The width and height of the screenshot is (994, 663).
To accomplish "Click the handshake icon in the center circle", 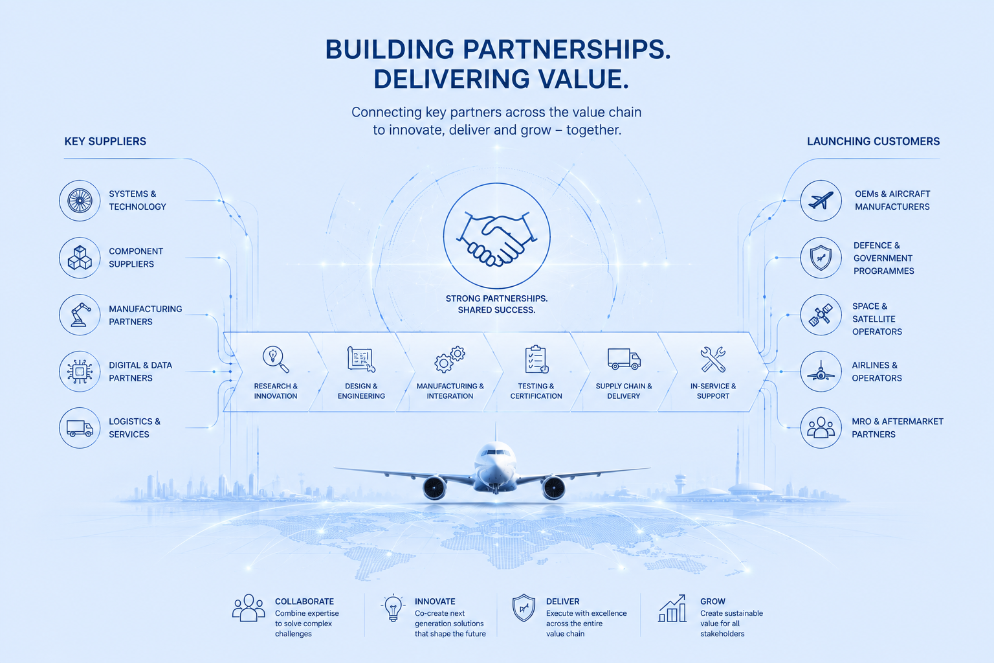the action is coord(496,239).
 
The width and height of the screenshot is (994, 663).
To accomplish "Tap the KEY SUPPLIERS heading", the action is coord(105,142).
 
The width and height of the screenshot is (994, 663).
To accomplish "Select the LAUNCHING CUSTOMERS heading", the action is coord(873,142).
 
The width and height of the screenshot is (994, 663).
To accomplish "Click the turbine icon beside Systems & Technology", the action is coord(80,201).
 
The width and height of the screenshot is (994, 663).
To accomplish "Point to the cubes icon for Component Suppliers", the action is coord(80,258).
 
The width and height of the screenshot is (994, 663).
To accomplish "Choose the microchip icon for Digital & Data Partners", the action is coord(80,371).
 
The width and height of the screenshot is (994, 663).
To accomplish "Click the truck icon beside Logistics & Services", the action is coord(80,428).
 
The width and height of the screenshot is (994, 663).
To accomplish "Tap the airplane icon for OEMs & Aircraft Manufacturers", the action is coord(821,201).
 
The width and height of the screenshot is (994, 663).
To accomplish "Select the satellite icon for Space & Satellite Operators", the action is coord(821,315).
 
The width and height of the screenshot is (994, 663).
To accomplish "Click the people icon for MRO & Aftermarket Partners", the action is coord(821,427).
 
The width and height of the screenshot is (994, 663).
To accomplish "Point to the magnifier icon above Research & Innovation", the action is coord(276,359).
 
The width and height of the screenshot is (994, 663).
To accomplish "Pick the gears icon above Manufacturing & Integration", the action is coord(450,359).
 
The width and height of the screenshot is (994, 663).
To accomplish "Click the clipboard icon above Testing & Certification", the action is coord(536,359).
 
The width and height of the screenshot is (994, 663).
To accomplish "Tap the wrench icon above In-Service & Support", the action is coord(712,359).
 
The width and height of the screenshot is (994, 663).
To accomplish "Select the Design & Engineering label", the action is coord(361,391).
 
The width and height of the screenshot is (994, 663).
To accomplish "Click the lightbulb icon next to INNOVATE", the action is coord(393,607).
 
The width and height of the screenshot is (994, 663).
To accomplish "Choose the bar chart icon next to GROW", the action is coord(672,609).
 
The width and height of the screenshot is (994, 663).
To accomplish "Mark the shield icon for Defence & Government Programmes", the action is coord(821,258).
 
